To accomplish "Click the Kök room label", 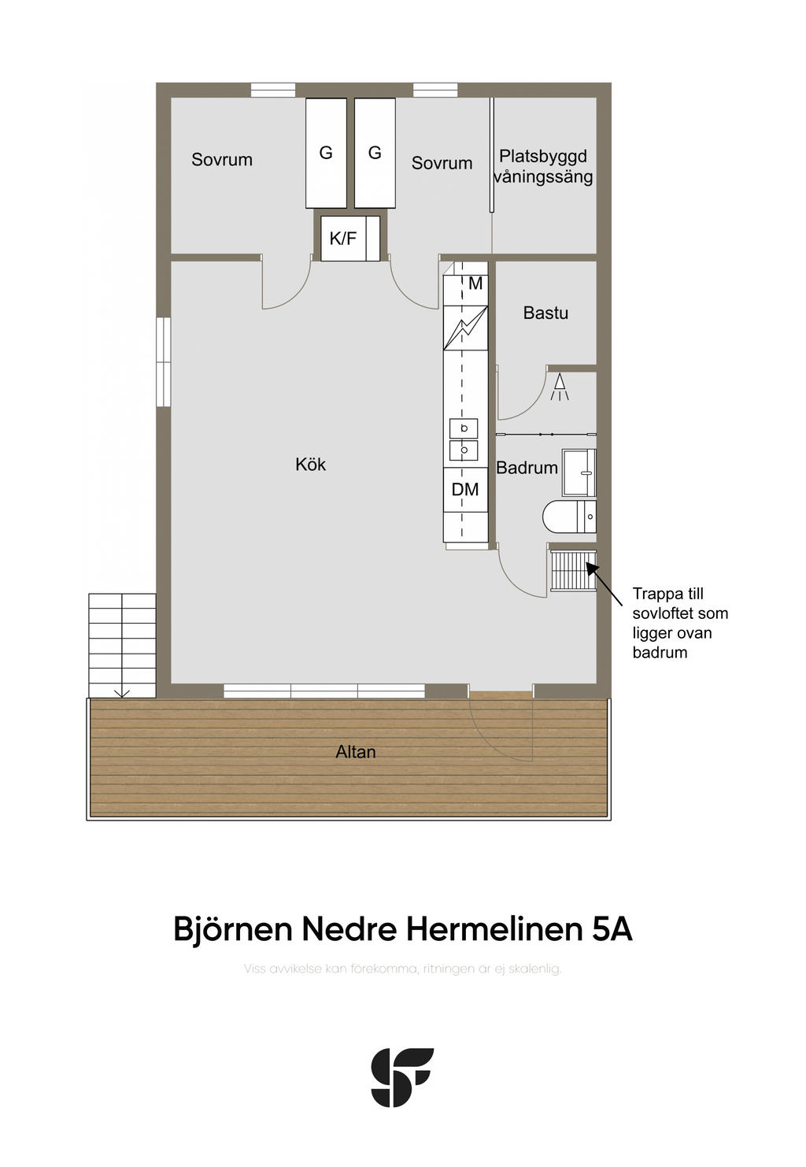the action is [310, 464].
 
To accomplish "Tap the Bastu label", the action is [545, 313].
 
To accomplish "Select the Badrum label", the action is [527, 467].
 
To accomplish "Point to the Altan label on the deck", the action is [356, 751].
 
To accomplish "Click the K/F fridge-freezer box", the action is [350, 238].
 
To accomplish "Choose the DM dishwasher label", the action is [464, 489].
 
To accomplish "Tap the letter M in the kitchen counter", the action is [475, 283].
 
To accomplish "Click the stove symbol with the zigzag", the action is [465, 328].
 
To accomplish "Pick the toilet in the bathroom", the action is [568, 517].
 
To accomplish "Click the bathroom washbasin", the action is [579, 472].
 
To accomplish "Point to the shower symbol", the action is [560, 387].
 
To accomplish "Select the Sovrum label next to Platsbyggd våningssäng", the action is [442, 163].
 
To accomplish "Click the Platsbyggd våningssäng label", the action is [543, 166].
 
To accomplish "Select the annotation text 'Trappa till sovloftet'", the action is [680, 603].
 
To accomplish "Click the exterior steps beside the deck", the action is [122, 645].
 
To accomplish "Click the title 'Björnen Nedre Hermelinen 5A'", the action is [402, 929].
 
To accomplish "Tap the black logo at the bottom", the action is [402, 1077].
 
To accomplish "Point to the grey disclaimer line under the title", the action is [402, 969].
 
